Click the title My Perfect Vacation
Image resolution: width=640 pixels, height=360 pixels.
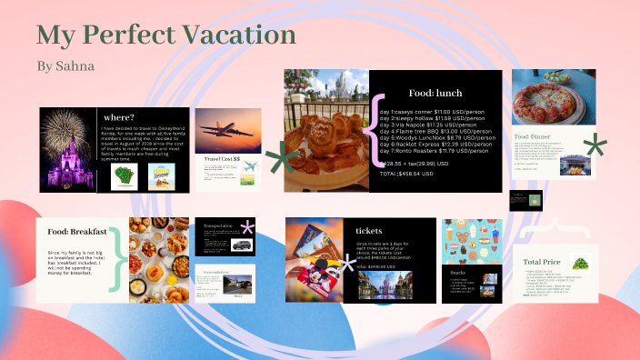pyautogui.click(x=165, y=35)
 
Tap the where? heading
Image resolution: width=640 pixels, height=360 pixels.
pyautogui.click(x=120, y=116)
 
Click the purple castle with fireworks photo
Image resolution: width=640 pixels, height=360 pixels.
pyautogui.click(x=68, y=150)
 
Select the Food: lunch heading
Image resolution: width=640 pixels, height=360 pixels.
pyautogui.click(x=435, y=93)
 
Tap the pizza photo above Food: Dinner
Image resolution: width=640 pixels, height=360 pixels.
pyautogui.click(x=554, y=98)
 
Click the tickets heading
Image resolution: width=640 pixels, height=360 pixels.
pyautogui.click(x=369, y=231)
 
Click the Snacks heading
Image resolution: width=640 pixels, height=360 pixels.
pyautogui.click(x=460, y=271)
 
